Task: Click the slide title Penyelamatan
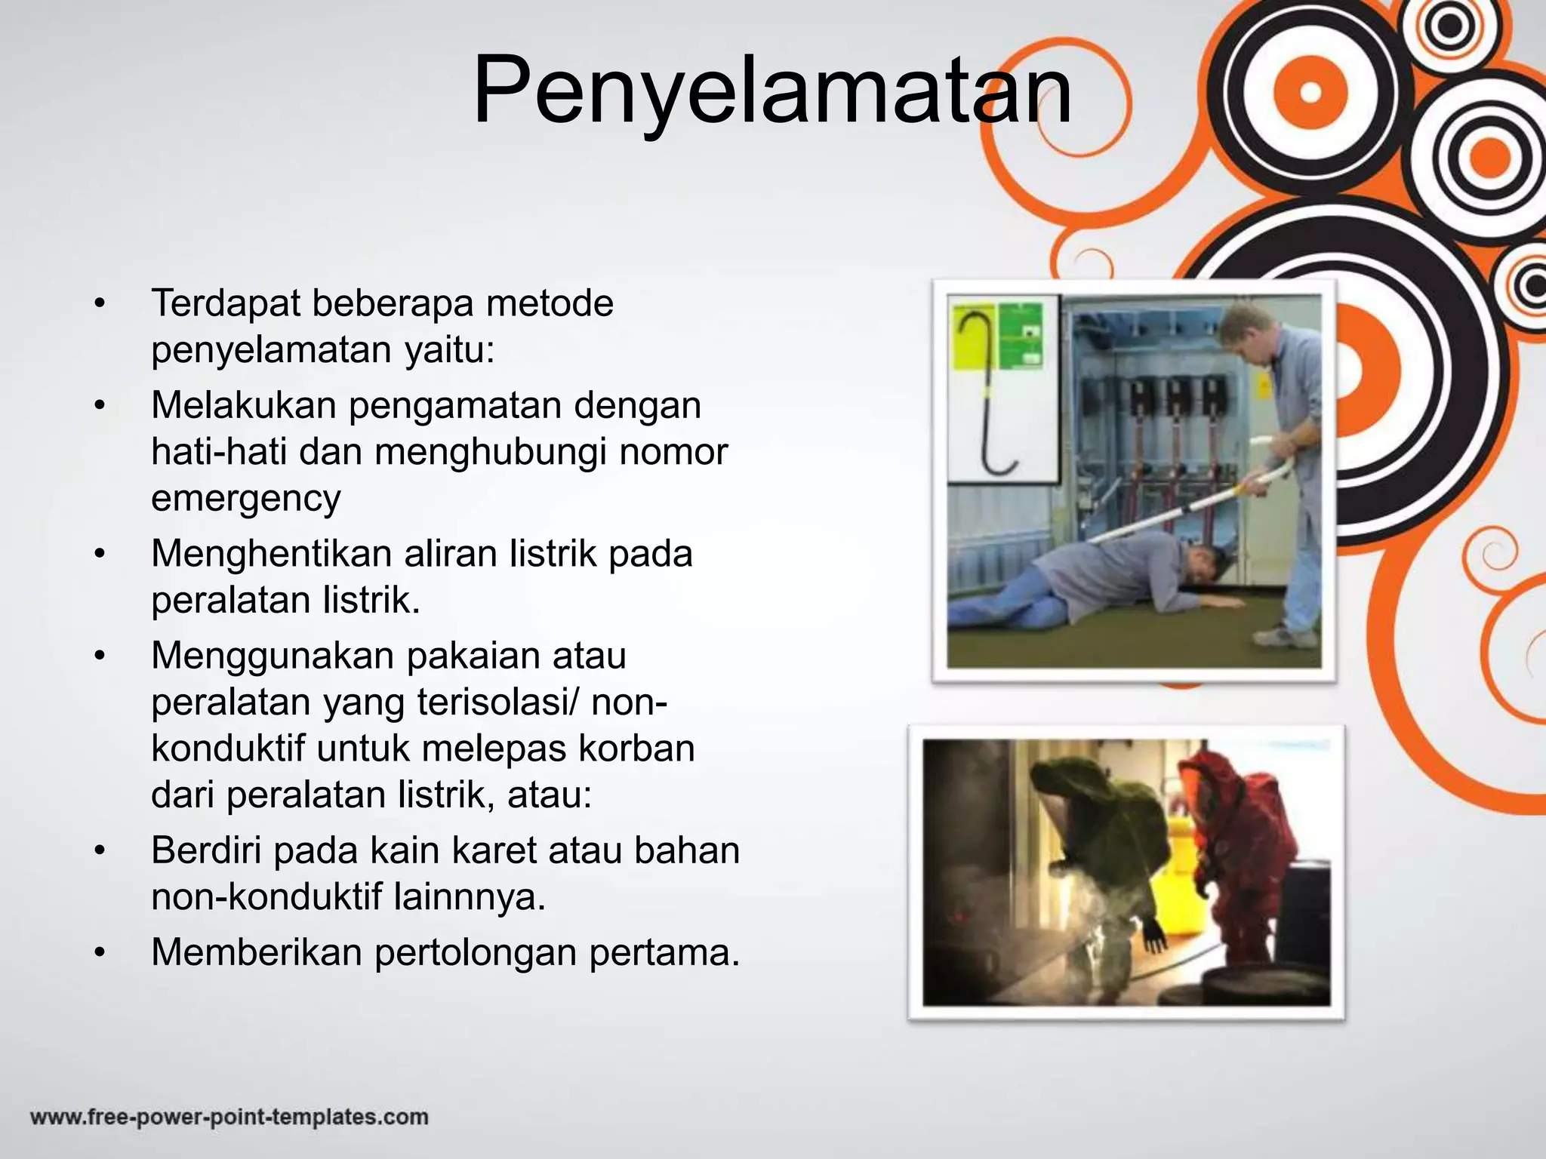click(771, 89)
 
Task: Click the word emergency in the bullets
click(246, 499)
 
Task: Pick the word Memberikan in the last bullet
click(257, 952)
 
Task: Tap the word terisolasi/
click(498, 702)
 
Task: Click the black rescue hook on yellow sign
click(978, 392)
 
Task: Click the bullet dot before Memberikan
click(98, 954)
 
